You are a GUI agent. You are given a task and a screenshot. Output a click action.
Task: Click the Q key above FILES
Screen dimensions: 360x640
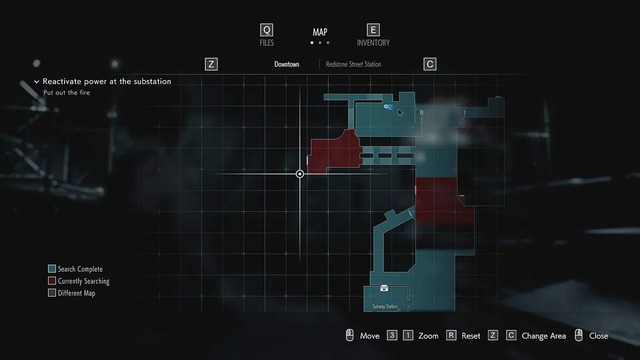pyautogui.click(x=267, y=30)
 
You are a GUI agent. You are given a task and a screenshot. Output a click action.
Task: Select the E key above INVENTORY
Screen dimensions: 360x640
pyautogui.click(x=373, y=30)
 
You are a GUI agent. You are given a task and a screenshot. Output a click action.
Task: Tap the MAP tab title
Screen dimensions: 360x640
pyautogui.click(x=320, y=33)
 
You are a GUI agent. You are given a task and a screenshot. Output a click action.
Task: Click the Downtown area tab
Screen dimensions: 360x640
pyautogui.click(x=287, y=65)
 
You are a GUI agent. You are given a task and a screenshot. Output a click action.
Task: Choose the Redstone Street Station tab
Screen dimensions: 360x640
pyautogui.click(x=353, y=65)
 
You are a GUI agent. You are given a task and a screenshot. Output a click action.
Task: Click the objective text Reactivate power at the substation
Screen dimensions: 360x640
pyautogui.click(x=107, y=82)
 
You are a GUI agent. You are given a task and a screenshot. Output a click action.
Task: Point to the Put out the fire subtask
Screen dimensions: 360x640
pyautogui.click(x=67, y=93)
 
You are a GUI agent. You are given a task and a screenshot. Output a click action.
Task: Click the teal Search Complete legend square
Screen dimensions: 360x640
pyautogui.click(x=52, y=269)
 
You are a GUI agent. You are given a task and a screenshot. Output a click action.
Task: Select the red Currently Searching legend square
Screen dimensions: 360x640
pyautogui.click(x=52, y=281)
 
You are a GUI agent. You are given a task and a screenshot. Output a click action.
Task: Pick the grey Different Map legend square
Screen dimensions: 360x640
pyautogui.click(x=52, y=293)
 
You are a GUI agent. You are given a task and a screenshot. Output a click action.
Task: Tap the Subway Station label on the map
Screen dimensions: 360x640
pyautogui.click(x=385, y=307)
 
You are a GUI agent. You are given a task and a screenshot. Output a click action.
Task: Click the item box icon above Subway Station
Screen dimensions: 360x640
pyautogui.click(x=384, y=289)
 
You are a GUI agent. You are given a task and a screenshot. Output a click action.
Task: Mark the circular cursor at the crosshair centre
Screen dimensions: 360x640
pyautogui.click(x=300, y=174)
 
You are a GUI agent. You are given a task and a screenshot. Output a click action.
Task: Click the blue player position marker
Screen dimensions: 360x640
pyautogui.click(x=386, y=107)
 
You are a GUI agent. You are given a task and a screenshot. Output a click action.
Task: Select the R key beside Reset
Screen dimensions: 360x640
pyautogui.click(x=451, y=335)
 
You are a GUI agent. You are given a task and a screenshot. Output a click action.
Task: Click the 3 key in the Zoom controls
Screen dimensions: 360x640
pyautogui.click(x=392, y=335)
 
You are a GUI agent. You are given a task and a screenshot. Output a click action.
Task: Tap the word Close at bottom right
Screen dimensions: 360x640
pyautogui.click(x=598, y=336)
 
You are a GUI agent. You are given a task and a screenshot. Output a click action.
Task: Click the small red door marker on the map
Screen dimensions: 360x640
pyautogui.click(x=415, y=189)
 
